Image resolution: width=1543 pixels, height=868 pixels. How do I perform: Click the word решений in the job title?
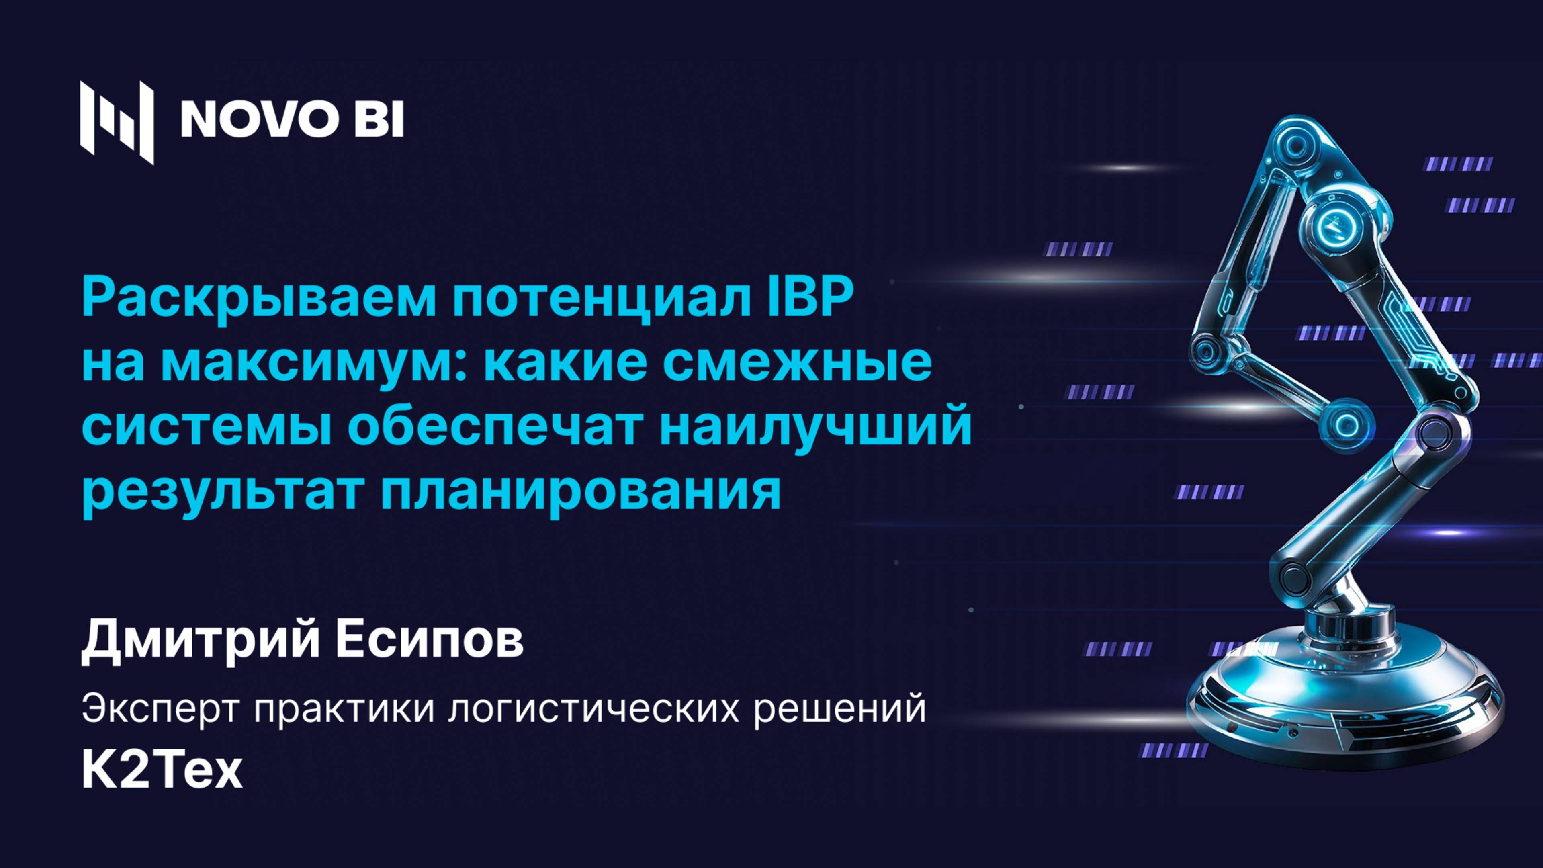[x=839, y=710]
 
